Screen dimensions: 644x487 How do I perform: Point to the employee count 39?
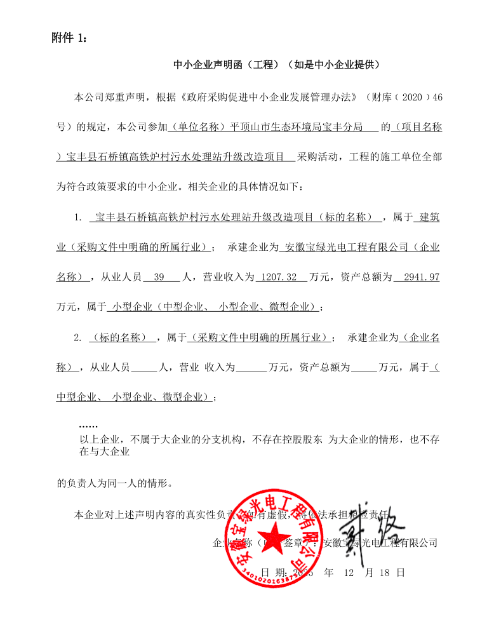159,278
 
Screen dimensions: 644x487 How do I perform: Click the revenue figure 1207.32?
279,278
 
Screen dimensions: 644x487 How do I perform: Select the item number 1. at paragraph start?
78,218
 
